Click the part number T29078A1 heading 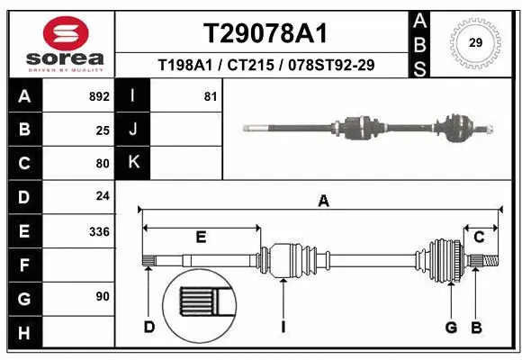click(x=265, y=33)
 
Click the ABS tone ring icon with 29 click(x=475, y=41)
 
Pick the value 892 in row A click(x=98, y=96)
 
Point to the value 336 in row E click(x=98, y=231)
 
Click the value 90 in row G click(x=102, y=297)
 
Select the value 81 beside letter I click(x=211, y=96)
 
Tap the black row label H click(x=24, y=334)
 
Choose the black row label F click(x=24, y=265)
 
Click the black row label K click(x=134, y=162)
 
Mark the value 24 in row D click(x=102, y=196)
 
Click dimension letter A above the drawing click(x=323, y=202)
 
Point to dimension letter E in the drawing click(x=201, y=237)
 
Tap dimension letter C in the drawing click(x=479, y=237)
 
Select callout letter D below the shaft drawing click(x=148, y=326)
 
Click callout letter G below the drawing click(x=452, y=326)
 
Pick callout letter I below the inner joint click(x=283, y=326)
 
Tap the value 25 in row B click(x=102, y=130)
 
